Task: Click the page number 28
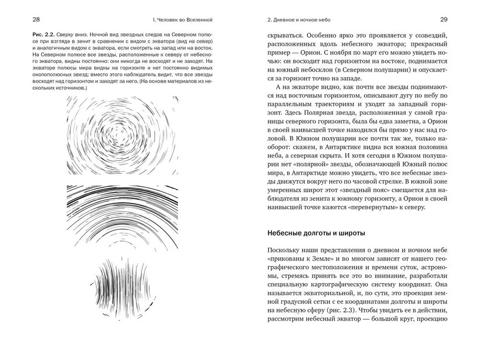click(x=36, y=20)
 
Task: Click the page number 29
click(x=444, y=20)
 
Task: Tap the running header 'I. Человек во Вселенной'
click(x=181, y=20)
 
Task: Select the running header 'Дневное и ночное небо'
click(x=300, y=20)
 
